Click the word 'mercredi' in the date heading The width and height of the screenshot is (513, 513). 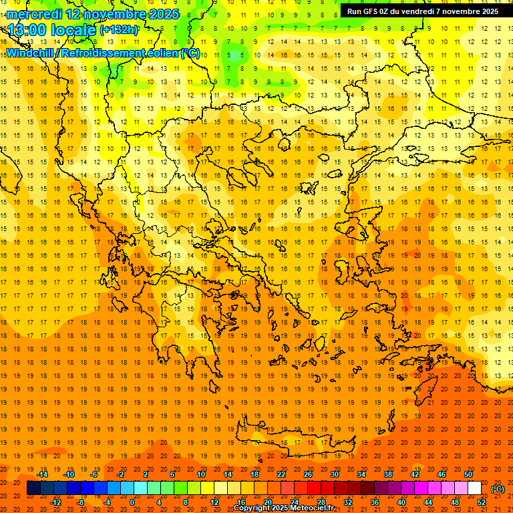(x=34, y=14)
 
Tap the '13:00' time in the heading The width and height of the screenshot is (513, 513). (x=26, y=30)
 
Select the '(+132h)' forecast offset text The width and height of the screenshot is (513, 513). (x=119, y=30)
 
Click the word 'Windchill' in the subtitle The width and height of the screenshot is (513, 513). (x=30, y=53)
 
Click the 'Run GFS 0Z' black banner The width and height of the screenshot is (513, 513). (x=423, y=11)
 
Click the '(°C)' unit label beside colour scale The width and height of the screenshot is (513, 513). (x=498, y=489)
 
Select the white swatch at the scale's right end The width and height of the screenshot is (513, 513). (x=475, y=488)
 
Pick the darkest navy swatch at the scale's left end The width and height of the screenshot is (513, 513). (x=33, y=488)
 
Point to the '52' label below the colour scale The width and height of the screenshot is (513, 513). (x=482, y=502)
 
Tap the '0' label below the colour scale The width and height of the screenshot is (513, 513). (x=132, y=502)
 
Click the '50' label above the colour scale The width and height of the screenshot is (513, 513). (x=468, y=474)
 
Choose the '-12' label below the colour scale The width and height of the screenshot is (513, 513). (x=56, y=502)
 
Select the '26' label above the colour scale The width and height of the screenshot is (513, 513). (x=308, y=474)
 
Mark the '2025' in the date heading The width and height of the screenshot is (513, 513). (x=164, y=14)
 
